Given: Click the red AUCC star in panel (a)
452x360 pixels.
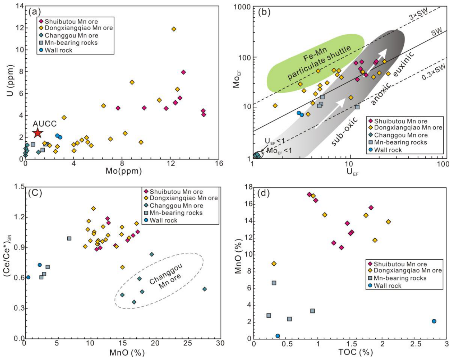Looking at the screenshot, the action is [x=37, y=133].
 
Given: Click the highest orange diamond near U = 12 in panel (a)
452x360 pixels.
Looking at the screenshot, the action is [x=174, y=29].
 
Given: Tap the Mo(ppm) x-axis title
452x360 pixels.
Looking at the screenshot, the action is [x=123, y=171].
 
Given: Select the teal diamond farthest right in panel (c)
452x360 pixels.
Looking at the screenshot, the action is [x=205, y=289].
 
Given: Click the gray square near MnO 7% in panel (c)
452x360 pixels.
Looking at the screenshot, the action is [x=69, y=238].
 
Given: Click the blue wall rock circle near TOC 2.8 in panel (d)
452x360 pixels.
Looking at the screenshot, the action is [x=434, y=321].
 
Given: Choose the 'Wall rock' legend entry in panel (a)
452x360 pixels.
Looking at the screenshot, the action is [x=56, y=50].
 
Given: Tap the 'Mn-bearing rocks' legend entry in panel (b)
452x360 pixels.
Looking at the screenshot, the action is [x=398, y=142].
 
